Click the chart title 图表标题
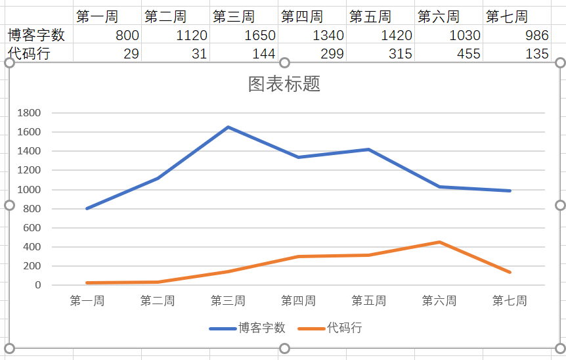click(284, 84)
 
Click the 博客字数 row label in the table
click(36, 35)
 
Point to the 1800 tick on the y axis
click(30, 113)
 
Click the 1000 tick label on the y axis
click(30, 190)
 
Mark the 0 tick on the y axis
click(38, 285)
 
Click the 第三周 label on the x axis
click(228, 301)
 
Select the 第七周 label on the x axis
click(510, 301)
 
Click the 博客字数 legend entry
click(261, 328)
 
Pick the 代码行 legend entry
click(344, 328)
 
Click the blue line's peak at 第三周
click(228, 127)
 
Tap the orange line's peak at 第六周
click(439, 242)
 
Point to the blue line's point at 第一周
click(87, 208)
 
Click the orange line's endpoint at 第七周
click(510, 272)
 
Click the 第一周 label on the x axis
click(87, 301)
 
